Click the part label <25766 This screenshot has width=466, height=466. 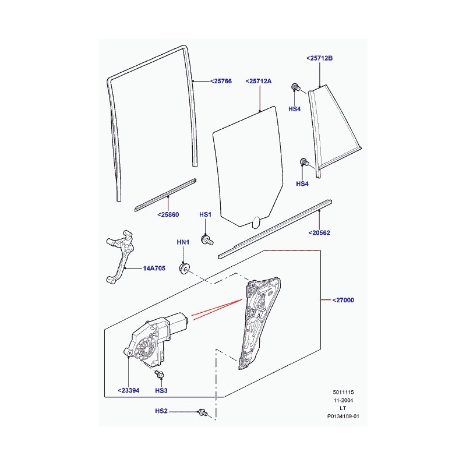pyautogui.click(x=221, y=81)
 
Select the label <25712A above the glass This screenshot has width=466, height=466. pyautogui.click(x=259, y=81)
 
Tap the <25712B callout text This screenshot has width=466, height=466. pyautogui.click(x=319, y=58)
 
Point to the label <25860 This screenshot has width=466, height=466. pyautogui.click(x=168, y=214)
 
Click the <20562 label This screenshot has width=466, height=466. pyautogui.click(x=319, y=232)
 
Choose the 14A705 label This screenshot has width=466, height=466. pyautogui.click(x=154, y=269)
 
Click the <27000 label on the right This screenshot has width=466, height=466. pyautogui.click(x=343, y=300)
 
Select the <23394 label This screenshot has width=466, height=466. pyautogui.click(x=128, y=390)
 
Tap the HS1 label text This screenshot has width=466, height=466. pyautogui.click(x=205, y=214)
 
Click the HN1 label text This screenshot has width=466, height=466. pyautogui.click(x=183, y=242)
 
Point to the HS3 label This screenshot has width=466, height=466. pyautogui.click(x=161, y=390)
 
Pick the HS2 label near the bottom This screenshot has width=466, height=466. pyautogui.click(x=161, y=411)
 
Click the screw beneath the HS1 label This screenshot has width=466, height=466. pyautogui.click(x=207, y=239)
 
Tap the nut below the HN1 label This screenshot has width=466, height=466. pyautogui.click(x=183, y=268)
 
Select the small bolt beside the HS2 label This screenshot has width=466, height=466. pyautogui.click(x=203, y=413)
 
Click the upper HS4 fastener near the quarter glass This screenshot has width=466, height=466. pyautogui.click(x=295, y=87)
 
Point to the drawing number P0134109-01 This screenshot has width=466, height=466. pyautogui.click(x=343, y=416)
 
